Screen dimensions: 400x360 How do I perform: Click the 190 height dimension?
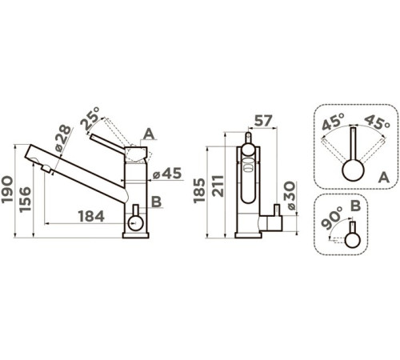(7, 190)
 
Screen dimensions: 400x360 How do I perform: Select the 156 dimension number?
(25, 199)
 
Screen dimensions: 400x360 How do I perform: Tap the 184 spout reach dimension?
(91, 216)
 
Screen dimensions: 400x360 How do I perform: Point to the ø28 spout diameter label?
(63, 138)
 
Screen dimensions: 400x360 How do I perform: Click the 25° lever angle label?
(90, 118)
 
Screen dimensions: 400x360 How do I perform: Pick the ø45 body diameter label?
(167, 174)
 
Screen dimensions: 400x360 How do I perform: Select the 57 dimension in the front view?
(263, 121)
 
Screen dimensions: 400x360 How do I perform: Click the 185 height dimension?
(199, 190)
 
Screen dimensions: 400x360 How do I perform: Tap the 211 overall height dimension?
(218, 186)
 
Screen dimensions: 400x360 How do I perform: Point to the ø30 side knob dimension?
(290, 195)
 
